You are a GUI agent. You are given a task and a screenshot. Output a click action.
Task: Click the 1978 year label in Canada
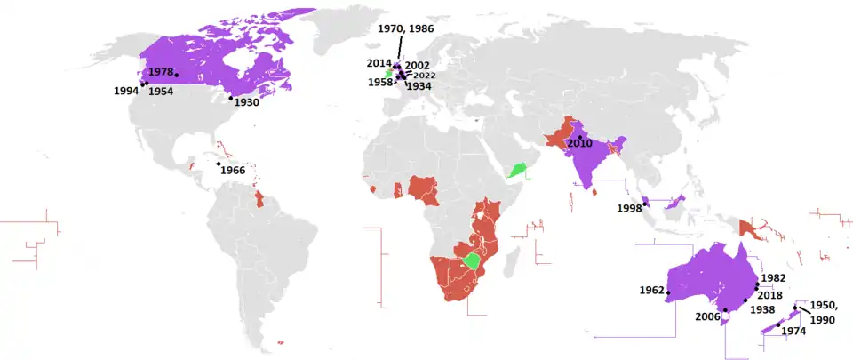tap(160, 71)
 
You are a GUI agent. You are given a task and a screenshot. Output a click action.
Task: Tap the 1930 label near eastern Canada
tap(247, 103)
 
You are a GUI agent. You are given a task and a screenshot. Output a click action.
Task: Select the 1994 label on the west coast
tap(125, 91)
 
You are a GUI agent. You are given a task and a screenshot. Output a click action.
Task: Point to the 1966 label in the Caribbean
tap(233, 170)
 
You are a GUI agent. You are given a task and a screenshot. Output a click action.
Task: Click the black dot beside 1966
tap(219, 164)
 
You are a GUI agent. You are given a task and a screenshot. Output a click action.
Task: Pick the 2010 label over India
tap(579, 142)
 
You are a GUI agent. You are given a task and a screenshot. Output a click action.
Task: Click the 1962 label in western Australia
tap(651, 291)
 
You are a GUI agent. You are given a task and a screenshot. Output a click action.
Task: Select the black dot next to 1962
tap(668, 293)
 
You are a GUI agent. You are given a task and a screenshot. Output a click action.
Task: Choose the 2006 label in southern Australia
tap(707, 316)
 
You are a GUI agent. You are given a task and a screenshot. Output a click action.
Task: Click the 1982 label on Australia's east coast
tap(773, 278)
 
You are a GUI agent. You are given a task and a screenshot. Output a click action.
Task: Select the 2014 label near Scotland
tap(379, 64)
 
